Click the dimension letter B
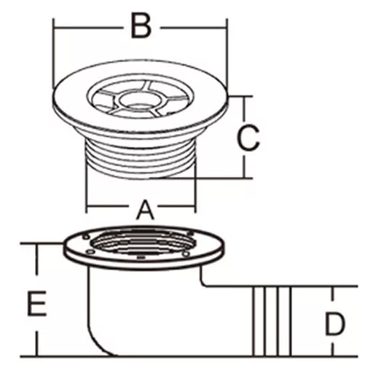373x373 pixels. [141, 25]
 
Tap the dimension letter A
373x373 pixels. [146, 210]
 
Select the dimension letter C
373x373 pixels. [248, 137]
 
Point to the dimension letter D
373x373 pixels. [335, 324]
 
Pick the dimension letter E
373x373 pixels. [36, 304]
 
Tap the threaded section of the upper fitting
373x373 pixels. [141, 159]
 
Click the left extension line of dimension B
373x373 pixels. [53, 53]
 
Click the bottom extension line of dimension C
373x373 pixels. [202, 178]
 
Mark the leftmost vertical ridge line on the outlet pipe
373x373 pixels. [254, 321]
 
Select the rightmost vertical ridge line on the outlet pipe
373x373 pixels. [291, 321]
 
